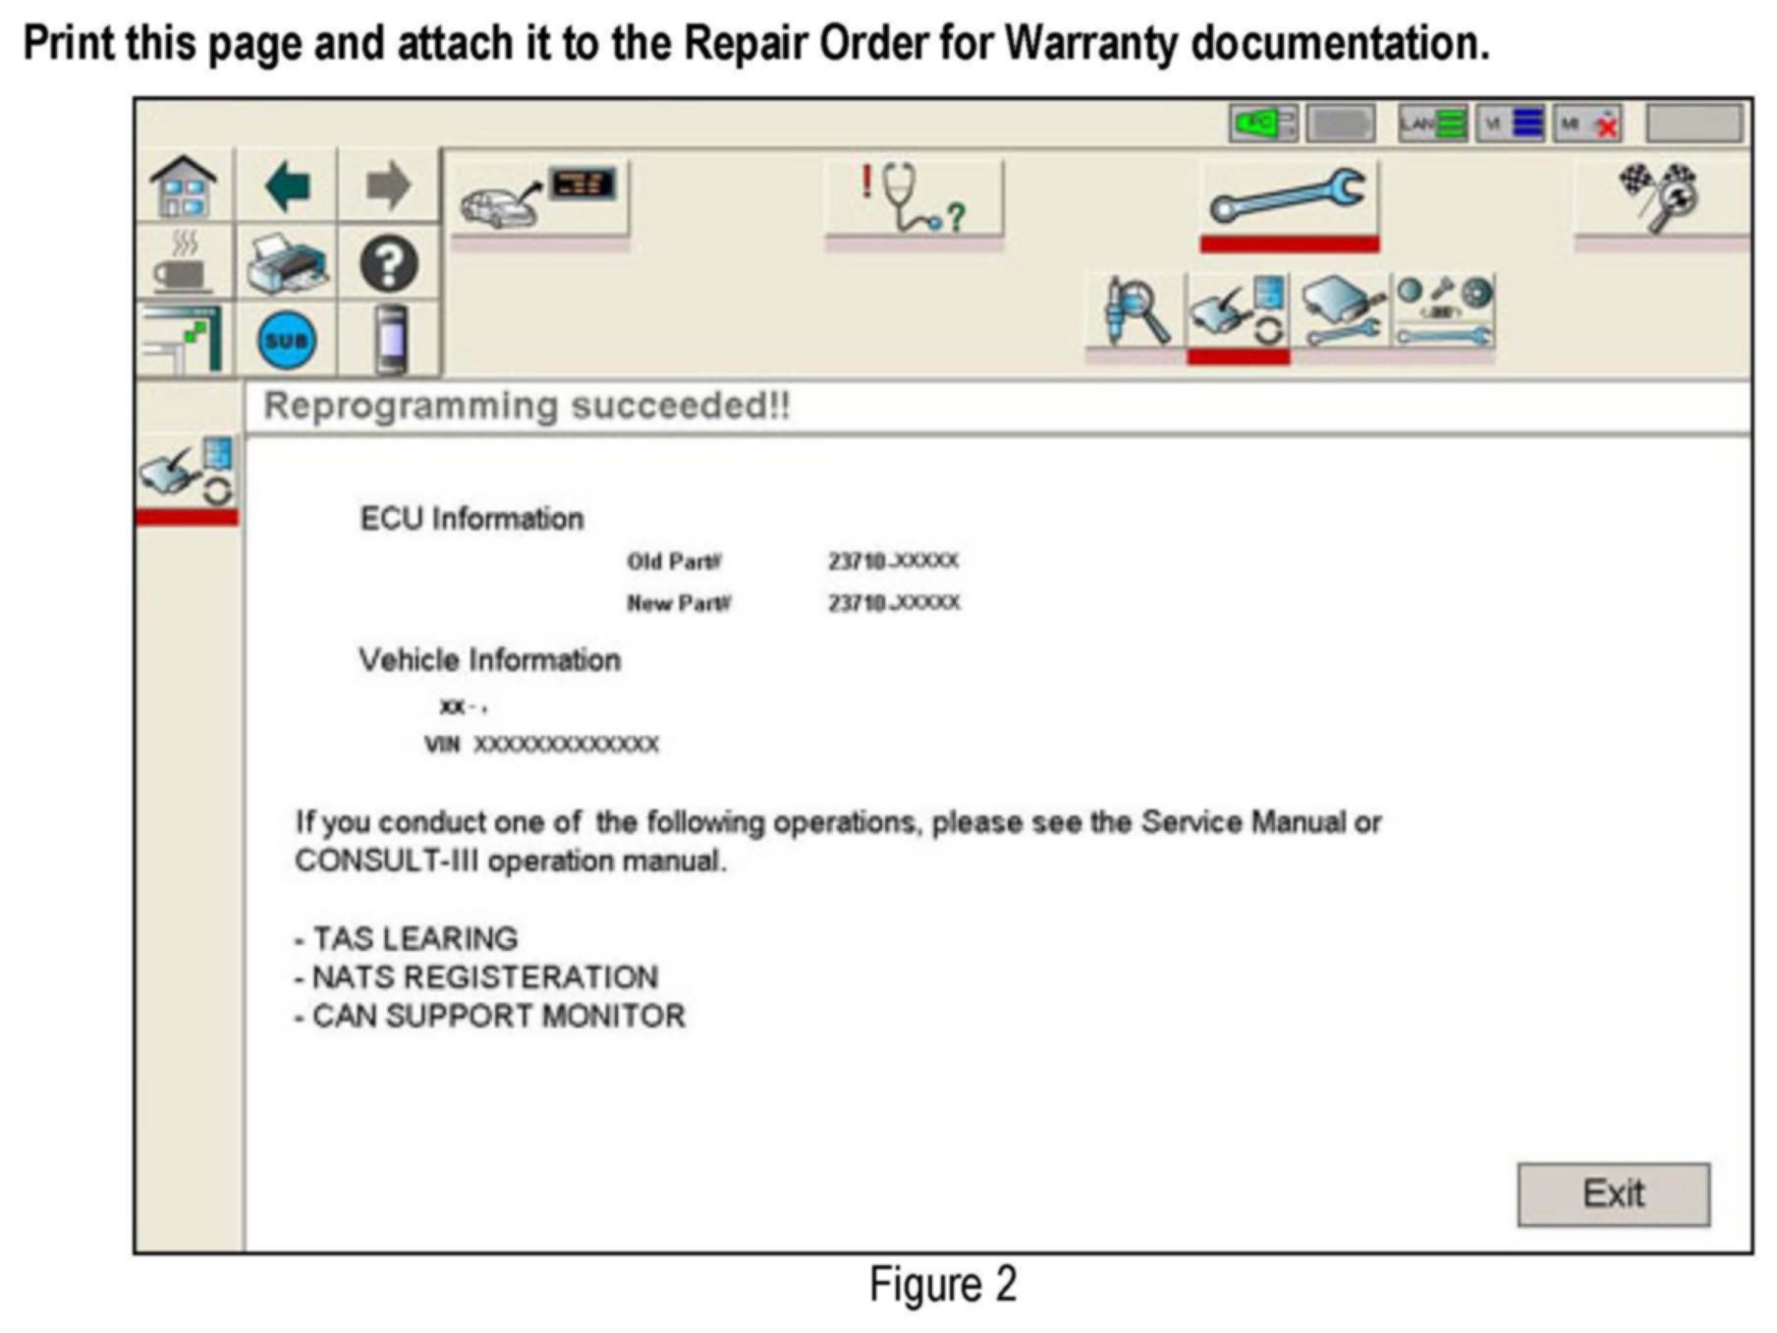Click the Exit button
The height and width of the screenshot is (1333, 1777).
pos(1612,1194)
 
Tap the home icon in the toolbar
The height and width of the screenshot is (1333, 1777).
pos(184,186)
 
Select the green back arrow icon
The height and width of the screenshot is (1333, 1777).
pos(287,186)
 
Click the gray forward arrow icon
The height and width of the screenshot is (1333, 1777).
pos(388,186)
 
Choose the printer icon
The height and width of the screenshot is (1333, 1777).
pos(286,263)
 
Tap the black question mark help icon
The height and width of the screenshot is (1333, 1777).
pos(388,264)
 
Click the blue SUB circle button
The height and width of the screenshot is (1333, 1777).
pos(286,341)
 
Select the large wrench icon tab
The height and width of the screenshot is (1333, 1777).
pos(1288,195)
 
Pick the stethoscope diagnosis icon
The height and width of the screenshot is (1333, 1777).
pos(914,196)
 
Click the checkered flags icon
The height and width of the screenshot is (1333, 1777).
pos(1659,195)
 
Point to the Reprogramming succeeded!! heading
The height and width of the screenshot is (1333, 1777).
pos(527,406)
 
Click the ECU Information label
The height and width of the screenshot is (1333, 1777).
pos(472,519)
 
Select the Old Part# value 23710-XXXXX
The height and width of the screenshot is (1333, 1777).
pos(893,561)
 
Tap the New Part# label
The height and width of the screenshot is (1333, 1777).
pos(679,603)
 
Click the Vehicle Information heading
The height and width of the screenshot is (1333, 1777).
pos(489,660)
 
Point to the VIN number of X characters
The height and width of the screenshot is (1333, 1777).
pos(566,745)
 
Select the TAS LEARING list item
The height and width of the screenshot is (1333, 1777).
pos(407,939)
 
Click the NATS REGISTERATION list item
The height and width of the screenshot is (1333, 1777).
pos(476,977)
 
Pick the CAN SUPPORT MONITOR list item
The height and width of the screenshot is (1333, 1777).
pos(490,1016)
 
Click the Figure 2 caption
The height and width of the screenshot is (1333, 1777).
pos(942,1285)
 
